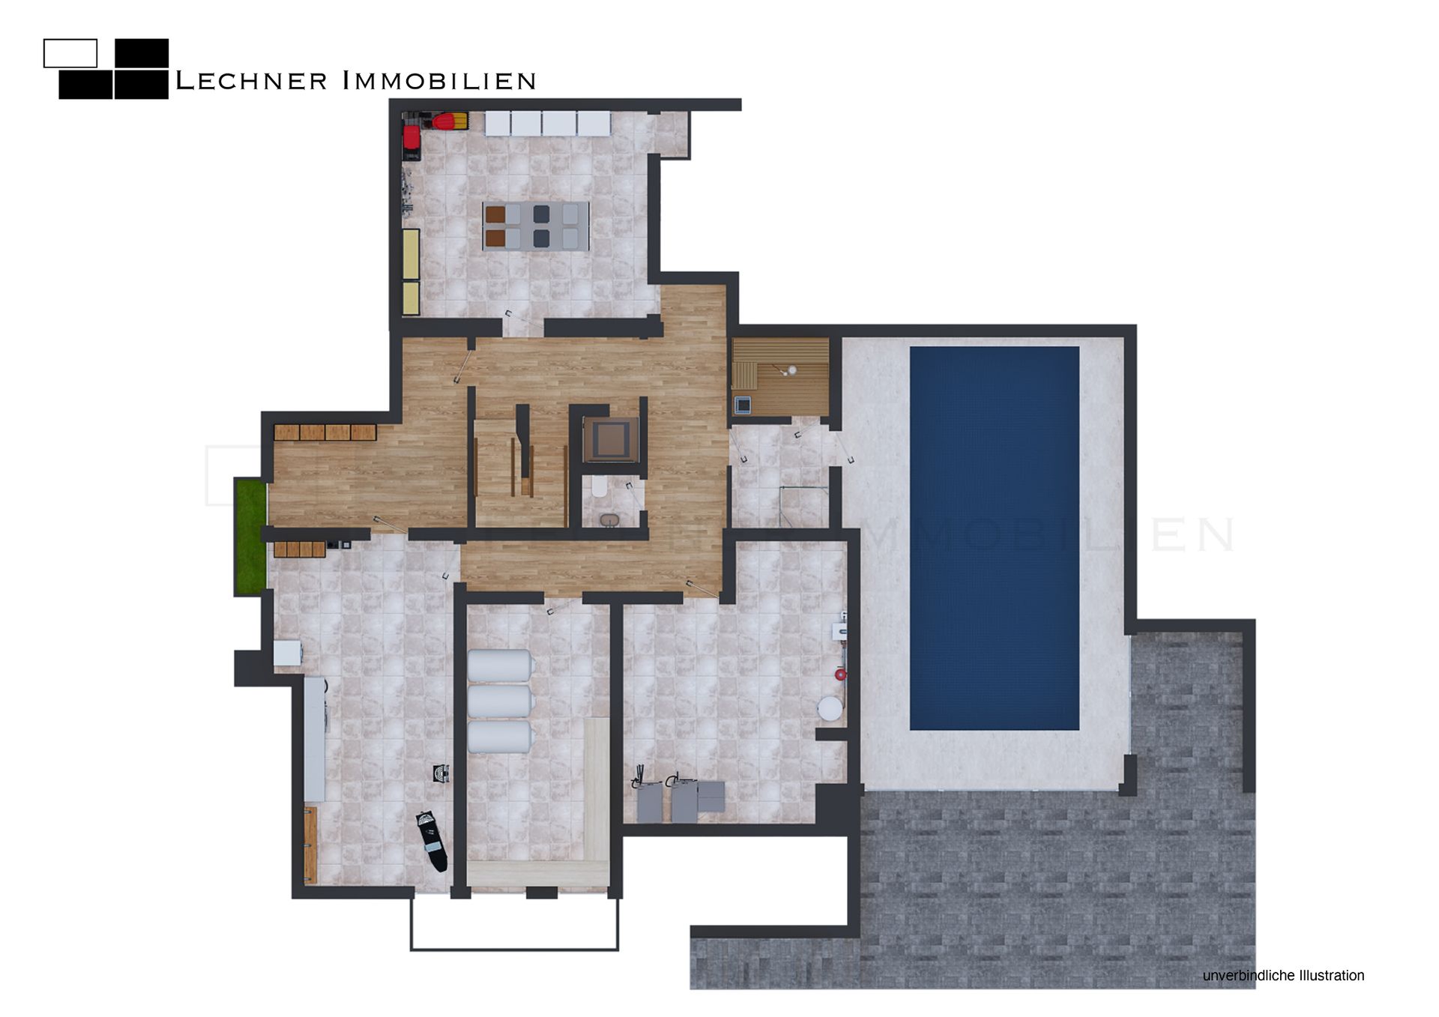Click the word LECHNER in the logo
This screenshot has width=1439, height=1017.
tap(251, 81)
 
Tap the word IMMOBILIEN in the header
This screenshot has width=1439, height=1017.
tap(439, 81)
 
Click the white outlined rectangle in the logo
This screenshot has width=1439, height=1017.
tap(70, 53)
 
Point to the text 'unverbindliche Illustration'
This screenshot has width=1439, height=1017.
tap(1283, 976)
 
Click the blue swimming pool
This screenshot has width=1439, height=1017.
tap(995, 538)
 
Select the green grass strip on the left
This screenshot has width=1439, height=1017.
tap(251, 536)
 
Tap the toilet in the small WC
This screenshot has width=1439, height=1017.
tap(599, 488)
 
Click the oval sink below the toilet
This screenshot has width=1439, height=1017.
tap(609, 519)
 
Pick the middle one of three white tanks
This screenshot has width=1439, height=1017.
tap(501, 701)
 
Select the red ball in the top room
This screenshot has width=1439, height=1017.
tap(449, 121)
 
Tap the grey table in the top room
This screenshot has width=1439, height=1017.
tap(536, 226)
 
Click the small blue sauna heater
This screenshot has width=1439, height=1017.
tap(742, 404)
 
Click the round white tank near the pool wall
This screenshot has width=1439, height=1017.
tap(830, 708)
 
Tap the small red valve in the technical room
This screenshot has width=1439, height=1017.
tap(841, 675)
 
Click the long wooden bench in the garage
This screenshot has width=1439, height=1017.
tap(310, 845)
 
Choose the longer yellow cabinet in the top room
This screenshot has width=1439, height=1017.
tap(411, 254)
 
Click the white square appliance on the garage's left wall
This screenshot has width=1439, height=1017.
tap(288, 653)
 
